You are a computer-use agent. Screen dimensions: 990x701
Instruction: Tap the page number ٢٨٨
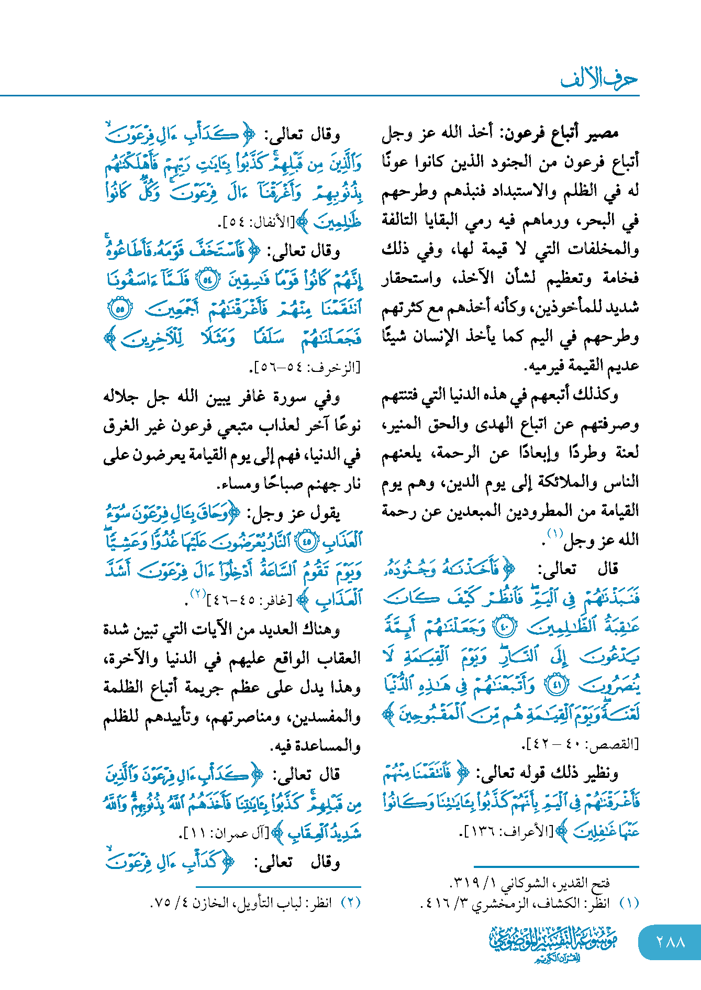pyautogui.click(x=670, y=942)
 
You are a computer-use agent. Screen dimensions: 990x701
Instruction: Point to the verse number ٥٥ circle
pyautogui.click(x=119, y=309)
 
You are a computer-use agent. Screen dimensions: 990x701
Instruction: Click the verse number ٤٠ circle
pyautogui.click(x=506, y=626)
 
